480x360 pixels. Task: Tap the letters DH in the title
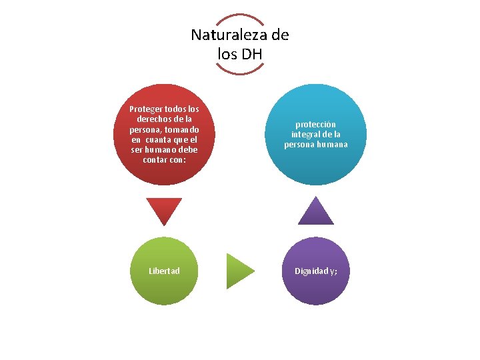point(251,54)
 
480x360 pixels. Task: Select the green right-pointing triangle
point(239,271)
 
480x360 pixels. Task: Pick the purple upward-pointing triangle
point(315,211)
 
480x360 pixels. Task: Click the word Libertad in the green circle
point(164,271)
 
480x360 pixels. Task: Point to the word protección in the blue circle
point(315,125)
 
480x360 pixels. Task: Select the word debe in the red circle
point(187,150)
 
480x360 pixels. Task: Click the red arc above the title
point(240,18)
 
